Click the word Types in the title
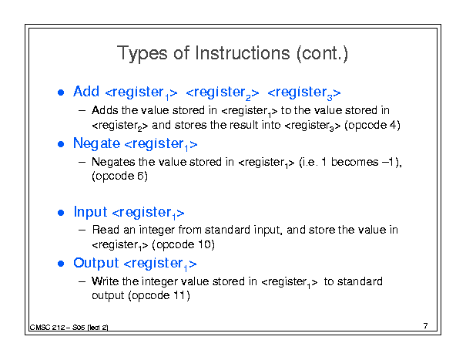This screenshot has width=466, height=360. pyautogui.click(x=142, y=54)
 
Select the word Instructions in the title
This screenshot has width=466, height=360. pyautogui.click(x=242, y=53)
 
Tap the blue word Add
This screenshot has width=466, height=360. pyautogui.click(x=86, y=91)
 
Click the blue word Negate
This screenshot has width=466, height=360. pyautogui.click(x=96, y=144)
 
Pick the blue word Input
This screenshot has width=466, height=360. pyautogui.click(x=90, y=213)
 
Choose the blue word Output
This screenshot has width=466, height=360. pyautogui.click(x=96, y=264)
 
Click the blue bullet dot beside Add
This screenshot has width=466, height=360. pyautogui.click(x=61, y=93)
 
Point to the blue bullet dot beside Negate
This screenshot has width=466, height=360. pyautogui.click(x=61, y=144)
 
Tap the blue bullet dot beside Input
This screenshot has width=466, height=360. pyautogui.click(x=61, y=213)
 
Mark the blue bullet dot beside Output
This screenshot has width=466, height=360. pyautogui.click(x=61, y=264)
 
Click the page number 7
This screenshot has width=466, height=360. pyautogui.click(x=426, y=326)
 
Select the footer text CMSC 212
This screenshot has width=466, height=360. pyautogui.click(x=48, y=328)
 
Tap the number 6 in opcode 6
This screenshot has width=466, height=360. pyautogui.click(x=141, y=176)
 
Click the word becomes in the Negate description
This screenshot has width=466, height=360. pyautogui.click(x=354, y=162)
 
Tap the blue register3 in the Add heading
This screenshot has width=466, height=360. pyautogui.click(x=304, y=93)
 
